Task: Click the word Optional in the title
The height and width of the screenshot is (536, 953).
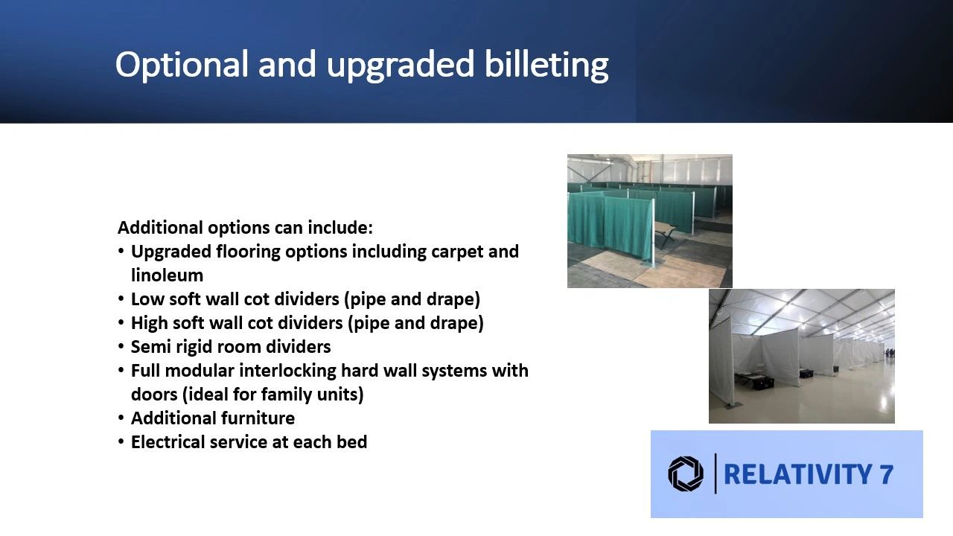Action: point(182,65)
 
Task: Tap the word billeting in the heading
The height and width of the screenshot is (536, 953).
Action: point(546,65)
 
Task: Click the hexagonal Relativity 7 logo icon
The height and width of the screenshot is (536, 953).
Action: point(686,474)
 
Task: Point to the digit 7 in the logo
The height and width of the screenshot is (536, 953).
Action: point(886,474)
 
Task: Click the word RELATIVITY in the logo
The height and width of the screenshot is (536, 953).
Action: point(797,474)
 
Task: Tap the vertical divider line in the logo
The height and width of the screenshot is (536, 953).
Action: point(715,473)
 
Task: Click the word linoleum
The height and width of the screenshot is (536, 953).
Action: point(167,275)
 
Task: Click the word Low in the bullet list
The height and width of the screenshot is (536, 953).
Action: point(147,299)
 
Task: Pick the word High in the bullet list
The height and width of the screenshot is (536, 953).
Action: point(150,323)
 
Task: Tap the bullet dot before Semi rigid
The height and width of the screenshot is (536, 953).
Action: point(121,346)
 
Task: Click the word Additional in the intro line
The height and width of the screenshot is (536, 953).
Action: point(160,228)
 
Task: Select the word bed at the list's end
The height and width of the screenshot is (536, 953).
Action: point(352,442)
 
